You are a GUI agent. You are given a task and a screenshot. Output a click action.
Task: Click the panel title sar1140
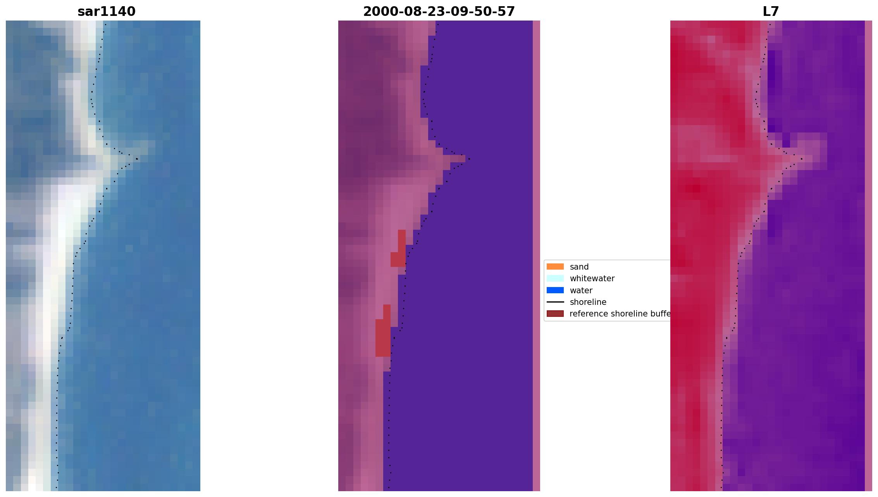point(107,12)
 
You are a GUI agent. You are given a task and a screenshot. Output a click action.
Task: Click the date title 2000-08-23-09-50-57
point(439,12)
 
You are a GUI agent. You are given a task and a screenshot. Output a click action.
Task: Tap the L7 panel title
point(770,12)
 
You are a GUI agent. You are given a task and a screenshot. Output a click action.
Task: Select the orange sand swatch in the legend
point(555,267)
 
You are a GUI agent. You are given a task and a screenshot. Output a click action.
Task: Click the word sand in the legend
point(579,267)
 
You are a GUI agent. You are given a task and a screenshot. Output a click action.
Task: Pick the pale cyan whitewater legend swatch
point(555,278)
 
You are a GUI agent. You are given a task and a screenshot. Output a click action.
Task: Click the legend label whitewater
point(592,279)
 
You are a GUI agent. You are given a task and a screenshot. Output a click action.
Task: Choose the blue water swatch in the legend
point(555,290)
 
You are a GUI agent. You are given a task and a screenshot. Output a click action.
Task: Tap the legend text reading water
point(581,291)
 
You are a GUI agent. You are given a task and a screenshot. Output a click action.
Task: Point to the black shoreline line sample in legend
point(555,302)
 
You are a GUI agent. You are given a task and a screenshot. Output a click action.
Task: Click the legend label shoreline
point(588,302)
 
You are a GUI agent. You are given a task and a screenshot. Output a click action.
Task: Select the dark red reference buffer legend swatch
point(555,313)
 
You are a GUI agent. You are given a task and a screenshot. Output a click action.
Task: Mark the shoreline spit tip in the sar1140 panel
point(137,159)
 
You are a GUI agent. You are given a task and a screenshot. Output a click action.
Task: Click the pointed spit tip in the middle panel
point(469,158)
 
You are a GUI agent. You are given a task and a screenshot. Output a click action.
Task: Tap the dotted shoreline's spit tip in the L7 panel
point(801,159)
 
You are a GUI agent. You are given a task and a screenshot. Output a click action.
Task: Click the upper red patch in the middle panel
point(399,252)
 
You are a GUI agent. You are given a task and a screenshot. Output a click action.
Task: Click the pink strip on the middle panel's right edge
point(536,256)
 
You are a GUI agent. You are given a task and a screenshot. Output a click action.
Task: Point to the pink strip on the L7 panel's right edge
point(868,256)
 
